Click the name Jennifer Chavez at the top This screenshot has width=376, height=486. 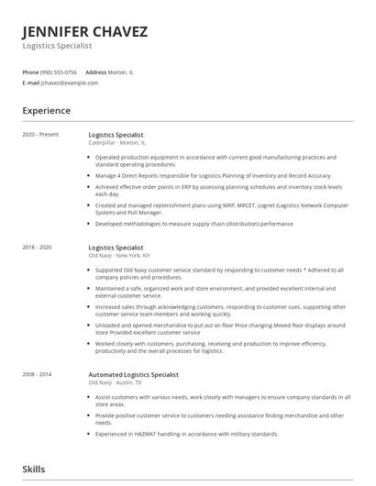(x=84, y=31)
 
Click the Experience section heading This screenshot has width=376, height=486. (x=46, y=111)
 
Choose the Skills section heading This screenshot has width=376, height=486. (x=33, y=469)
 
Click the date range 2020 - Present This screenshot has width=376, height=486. (x=40, y=135)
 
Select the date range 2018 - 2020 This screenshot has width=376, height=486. (x=37, y=248)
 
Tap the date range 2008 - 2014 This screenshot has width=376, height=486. (x=37, y=375)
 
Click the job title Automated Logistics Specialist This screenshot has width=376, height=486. (x=133, y=375)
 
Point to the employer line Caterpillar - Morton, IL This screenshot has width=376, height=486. (x=116, y=143)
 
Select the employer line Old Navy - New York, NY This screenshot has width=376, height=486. (x=120, y=256)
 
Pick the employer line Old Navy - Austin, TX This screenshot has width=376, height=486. (x=116, y=383)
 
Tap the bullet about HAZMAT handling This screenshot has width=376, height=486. (x=186, y=434)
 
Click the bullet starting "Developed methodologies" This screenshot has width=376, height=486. (x=194, y=224)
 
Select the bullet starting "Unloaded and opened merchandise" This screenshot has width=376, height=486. (x=220, y=328)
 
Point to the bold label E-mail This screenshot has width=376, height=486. (x=30, y=83)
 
